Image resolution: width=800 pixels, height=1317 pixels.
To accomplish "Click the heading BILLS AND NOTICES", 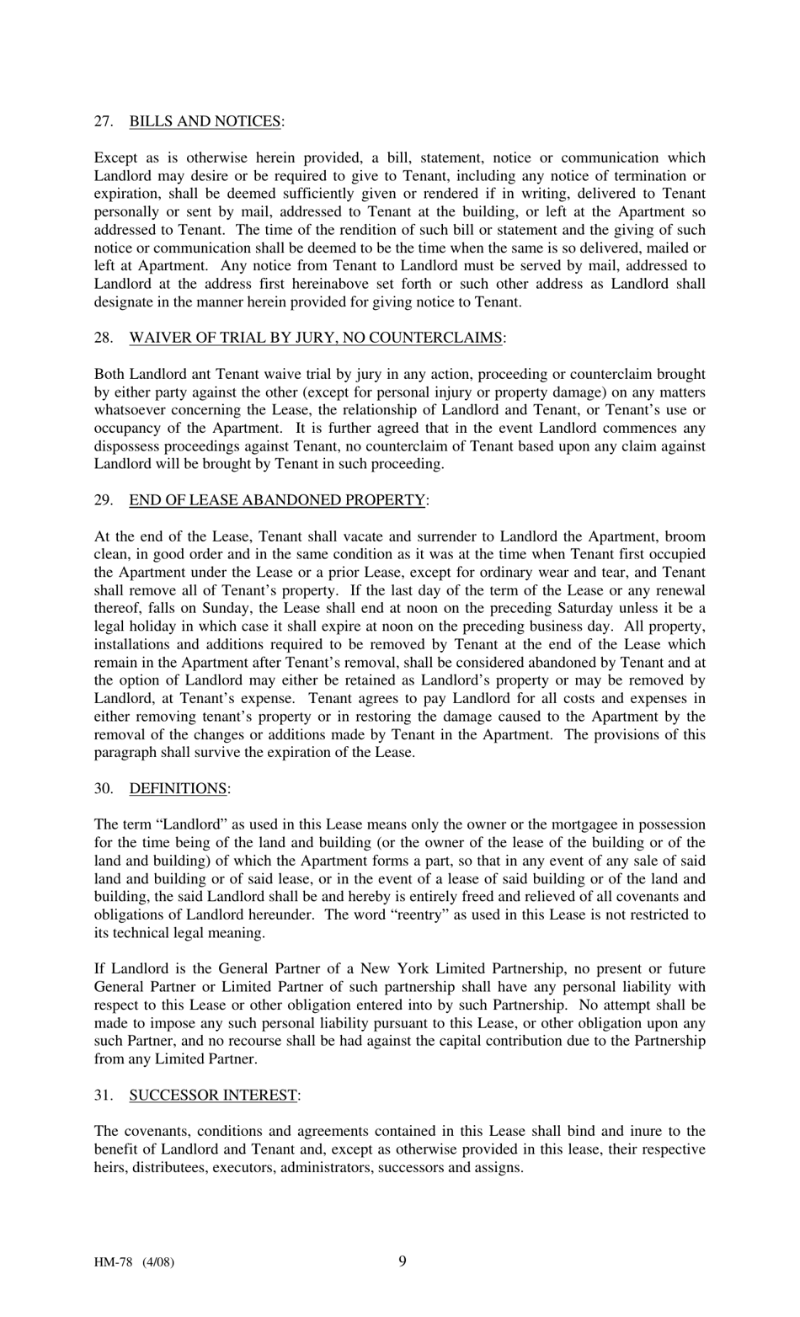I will pyautogui.click(x=205, y=121).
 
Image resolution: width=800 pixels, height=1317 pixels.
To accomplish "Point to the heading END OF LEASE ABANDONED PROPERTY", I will pyautogui.click(x=277, y=500).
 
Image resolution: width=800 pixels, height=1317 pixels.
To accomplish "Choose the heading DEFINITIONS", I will pyautogui.click(x=178, y=788).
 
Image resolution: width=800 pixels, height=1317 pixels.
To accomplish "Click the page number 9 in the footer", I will pyautogui.click(x=402, y=1261).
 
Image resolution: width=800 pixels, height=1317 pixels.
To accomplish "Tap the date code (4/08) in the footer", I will pyautogui.click(x=157, y=1262).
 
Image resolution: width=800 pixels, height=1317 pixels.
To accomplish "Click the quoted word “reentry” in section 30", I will pyautogui.click(x=414, y=914).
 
